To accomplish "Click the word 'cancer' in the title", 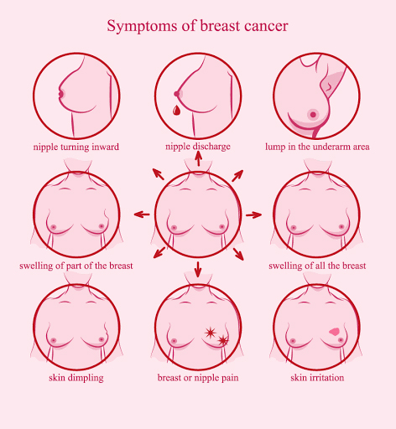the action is click(266, 26).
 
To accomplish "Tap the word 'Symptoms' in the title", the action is click(142, 27).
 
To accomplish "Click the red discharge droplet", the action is click(176, 110).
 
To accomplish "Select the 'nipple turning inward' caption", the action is click(76, 147).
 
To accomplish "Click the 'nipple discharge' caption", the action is click(198, 147).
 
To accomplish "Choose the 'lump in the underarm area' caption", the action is click(317, 147).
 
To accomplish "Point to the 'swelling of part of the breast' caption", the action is click(76, 266).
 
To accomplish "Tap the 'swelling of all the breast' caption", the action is click(317, 266).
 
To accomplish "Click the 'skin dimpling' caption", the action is click(76, 378).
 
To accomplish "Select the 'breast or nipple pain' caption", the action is click(198, 378).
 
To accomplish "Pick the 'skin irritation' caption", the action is click(317, 378).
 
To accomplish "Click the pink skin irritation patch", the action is click(334, 332).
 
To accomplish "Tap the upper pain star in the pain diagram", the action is click(210, 333).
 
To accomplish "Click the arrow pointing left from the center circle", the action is click(142, 214).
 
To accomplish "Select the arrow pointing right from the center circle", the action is click(253, 214).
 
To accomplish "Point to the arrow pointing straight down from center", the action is click(198, 270).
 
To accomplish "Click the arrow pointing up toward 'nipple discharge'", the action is click(198, 158).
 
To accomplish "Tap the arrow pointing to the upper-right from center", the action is click(237, 176).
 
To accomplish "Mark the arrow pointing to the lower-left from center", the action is click(159, 252).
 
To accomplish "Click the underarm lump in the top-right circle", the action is click(328, 86).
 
